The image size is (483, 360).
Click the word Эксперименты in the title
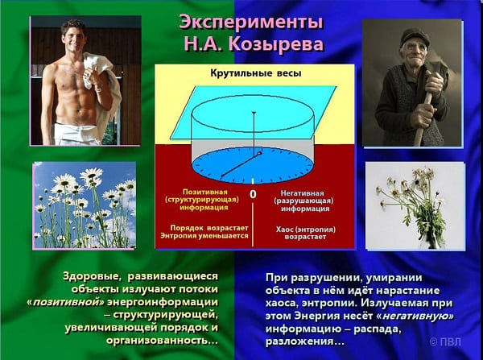(x=251, y=23)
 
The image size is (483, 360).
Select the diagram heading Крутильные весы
(x=256, y=73)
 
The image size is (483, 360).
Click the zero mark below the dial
(x=253, y=194)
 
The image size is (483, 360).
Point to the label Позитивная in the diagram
(x=204, y=192)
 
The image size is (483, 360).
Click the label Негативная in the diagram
(x=302, y=193)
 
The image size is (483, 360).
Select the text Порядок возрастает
(x=209, y=228)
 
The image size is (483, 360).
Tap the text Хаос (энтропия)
(x=306, y=230)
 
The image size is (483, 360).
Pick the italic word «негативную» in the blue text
(x=415, y=316)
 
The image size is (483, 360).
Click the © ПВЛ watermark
(x=445, y=341)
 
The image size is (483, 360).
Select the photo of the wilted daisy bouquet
(x=415, y=205)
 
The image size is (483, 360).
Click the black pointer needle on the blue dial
(x=241, y=164)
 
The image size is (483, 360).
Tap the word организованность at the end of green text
(x=160, y=341)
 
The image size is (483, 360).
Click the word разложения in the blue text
(x=299, y=341)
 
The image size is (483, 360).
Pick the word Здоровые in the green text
(x=92, y=276)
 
